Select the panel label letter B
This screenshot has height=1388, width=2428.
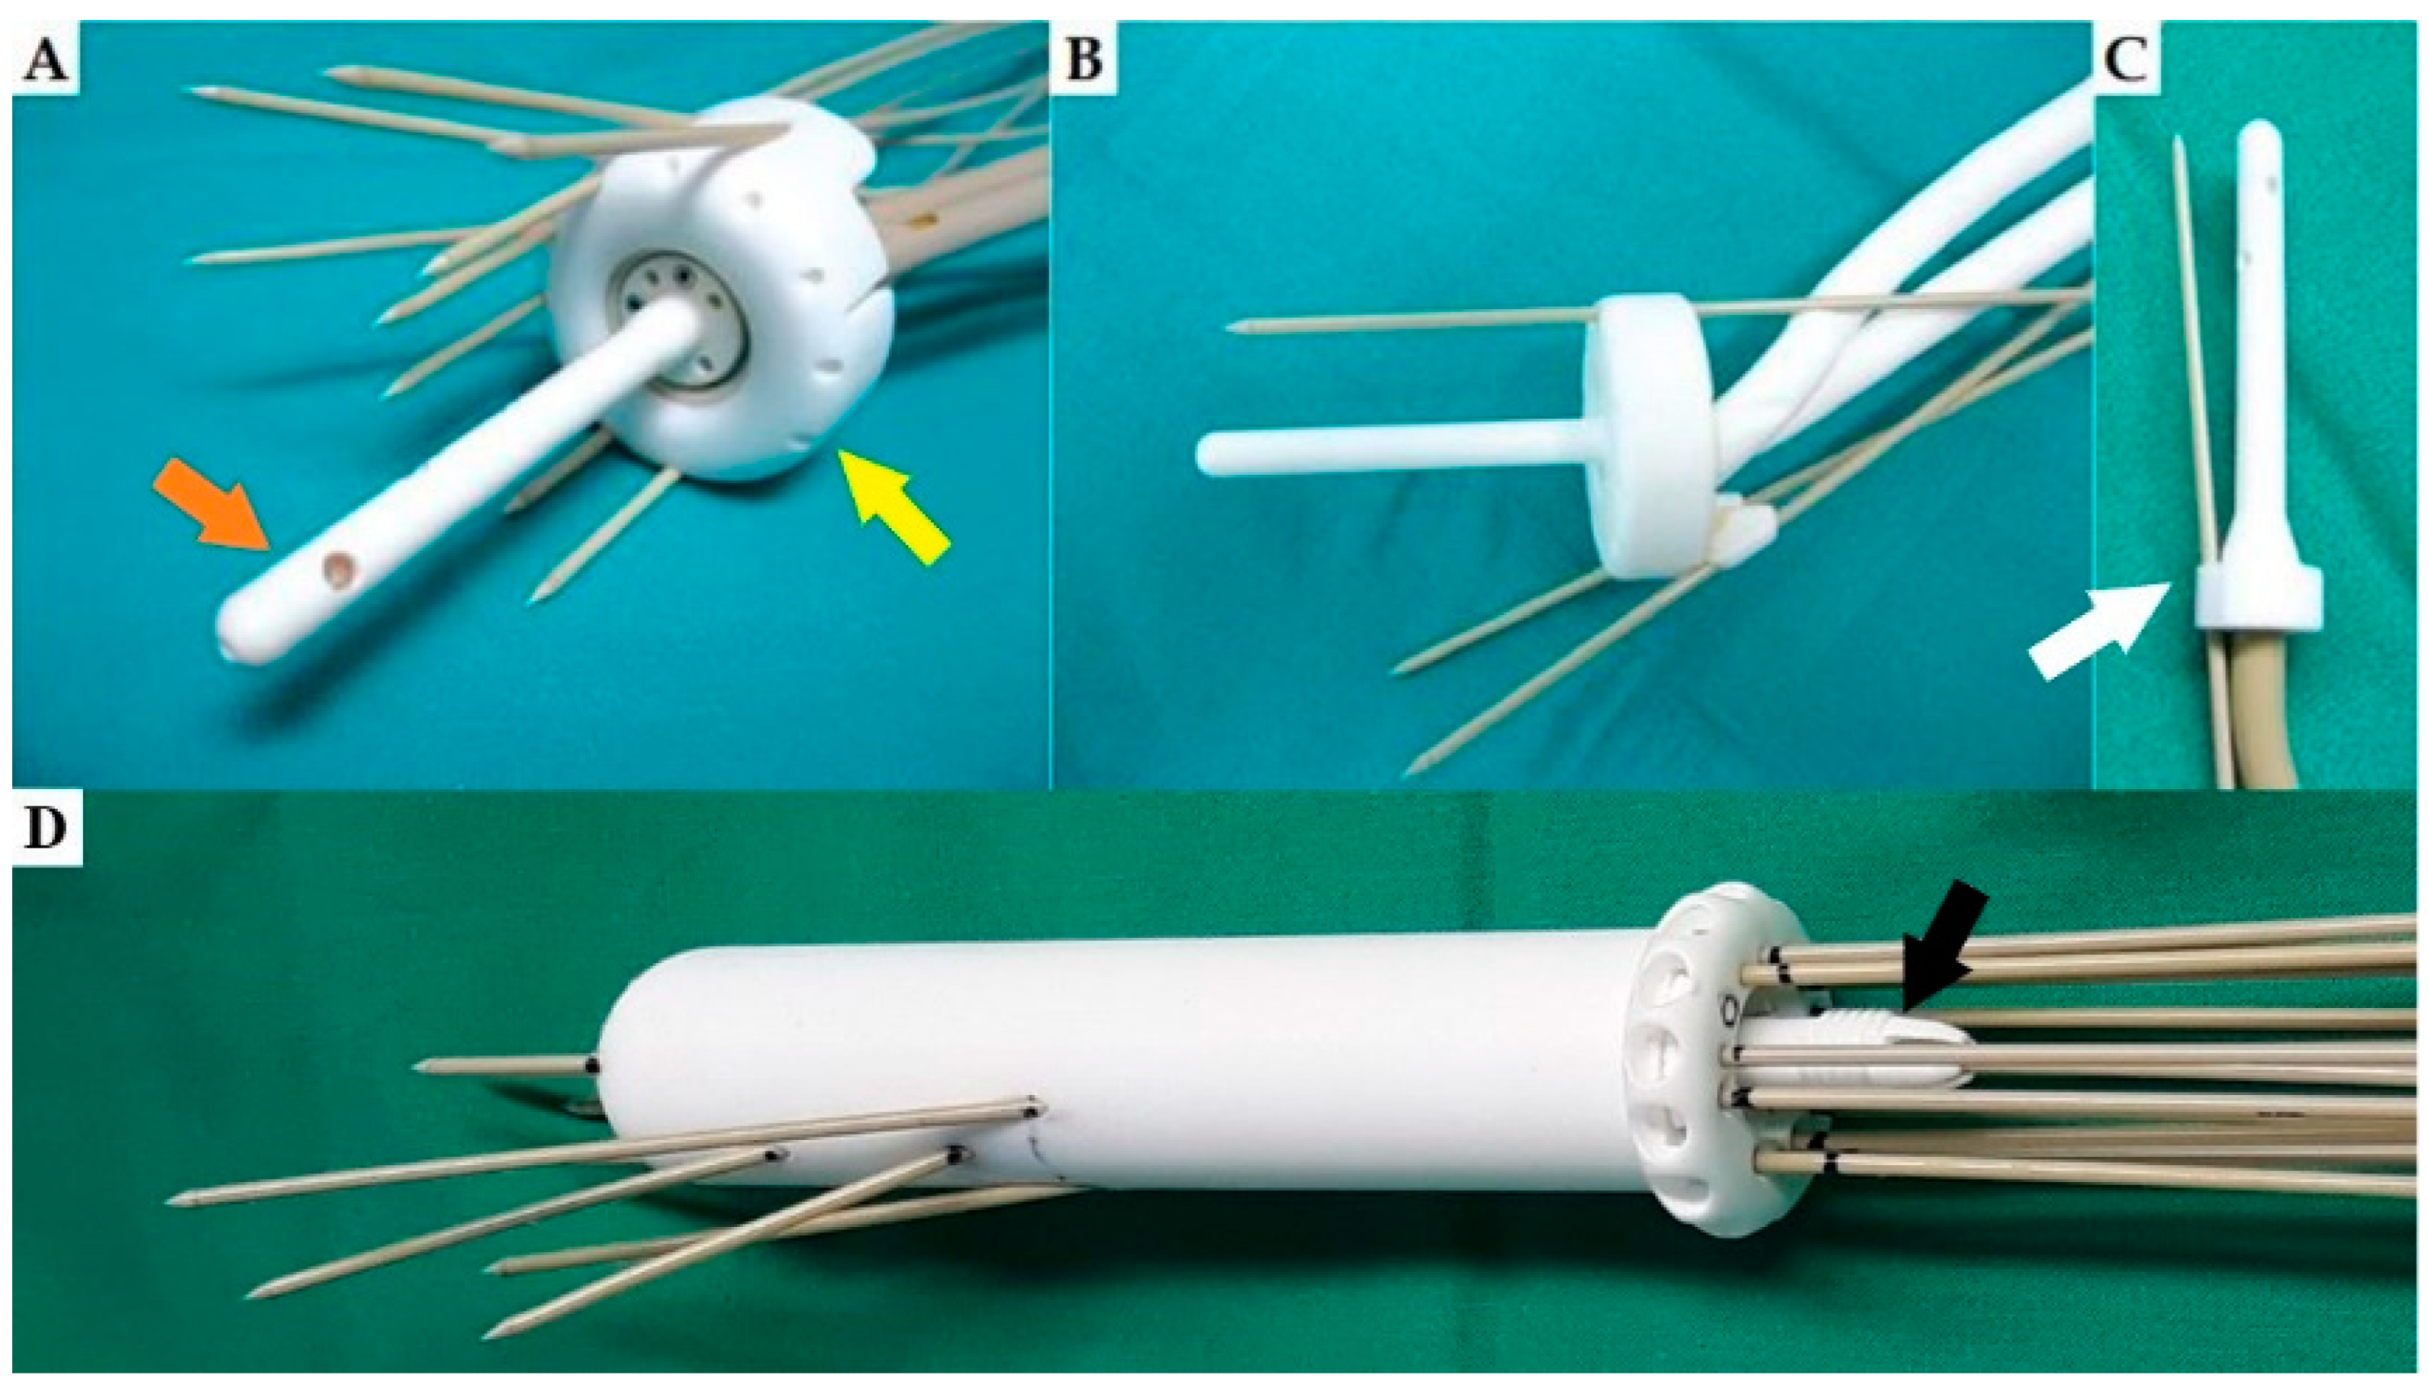click(1084, 61)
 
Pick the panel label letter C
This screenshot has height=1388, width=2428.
click(2127, 61)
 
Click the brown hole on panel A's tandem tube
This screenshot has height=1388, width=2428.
click(337, 571)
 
